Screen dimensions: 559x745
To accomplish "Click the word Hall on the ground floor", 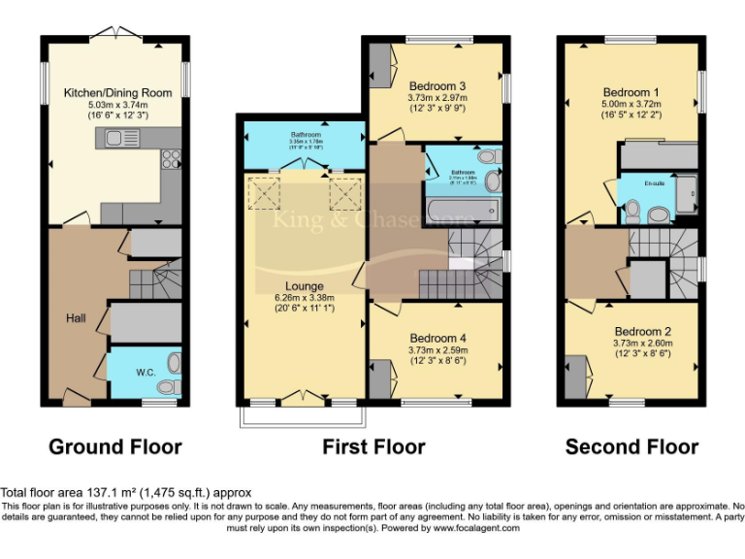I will pos(77,317).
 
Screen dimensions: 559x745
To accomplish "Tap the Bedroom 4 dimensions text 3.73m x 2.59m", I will pos(437,350).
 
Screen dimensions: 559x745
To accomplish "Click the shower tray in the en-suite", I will pos(687,196).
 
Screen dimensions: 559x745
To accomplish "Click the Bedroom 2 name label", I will pos(641,330).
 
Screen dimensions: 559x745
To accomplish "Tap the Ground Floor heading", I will pos(114,447).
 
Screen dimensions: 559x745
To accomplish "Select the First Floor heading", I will pos(373,447).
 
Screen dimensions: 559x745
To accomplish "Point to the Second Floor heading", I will pos(632,447).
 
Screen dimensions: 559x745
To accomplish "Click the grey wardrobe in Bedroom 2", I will pos(573,377).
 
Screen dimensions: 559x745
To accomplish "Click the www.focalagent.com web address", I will pos(476,529).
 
